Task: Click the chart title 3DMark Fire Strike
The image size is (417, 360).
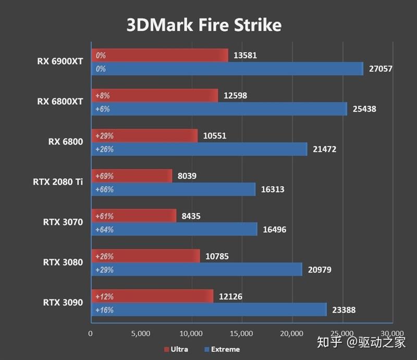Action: click(204, 25)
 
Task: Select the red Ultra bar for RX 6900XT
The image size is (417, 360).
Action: click(160, 55)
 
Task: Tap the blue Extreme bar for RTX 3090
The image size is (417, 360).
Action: click(208, 309)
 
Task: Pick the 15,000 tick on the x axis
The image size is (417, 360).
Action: click(241, 333)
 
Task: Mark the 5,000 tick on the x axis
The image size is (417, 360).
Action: click(141, 333)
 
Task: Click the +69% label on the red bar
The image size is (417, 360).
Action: click(104, 176)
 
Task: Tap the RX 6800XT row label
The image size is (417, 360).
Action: click(60, 102)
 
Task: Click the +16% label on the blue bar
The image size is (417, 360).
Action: click(104, 310)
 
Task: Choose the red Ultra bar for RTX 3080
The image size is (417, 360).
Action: click(145, 256)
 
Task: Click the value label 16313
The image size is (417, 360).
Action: click(272, 190)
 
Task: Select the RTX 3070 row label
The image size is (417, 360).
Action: click(63, 222)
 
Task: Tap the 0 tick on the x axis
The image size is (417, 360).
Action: click(91, 333)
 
